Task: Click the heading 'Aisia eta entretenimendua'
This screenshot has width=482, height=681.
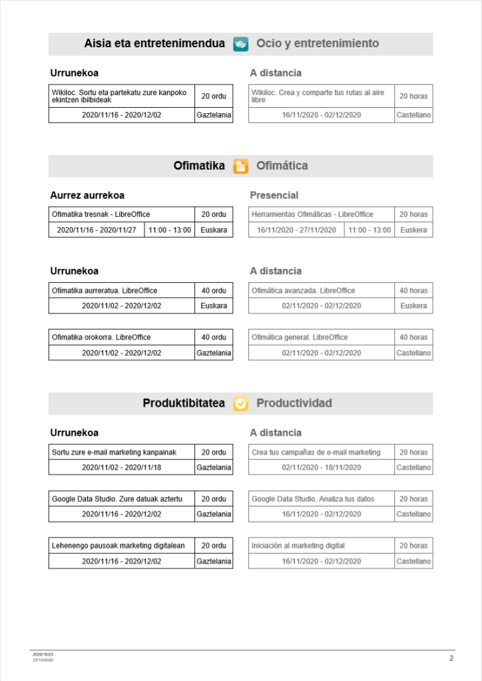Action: click(x=154, y=44)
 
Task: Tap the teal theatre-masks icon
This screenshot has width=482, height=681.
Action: click(x=240, y=44)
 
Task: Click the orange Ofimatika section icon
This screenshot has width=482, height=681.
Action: click(x=240, y=166)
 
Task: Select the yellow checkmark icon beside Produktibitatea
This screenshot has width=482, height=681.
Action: click(x=240, y=403)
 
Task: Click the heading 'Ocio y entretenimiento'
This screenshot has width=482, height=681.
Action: click(x=318, y=44)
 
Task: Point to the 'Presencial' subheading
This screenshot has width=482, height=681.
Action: click(x=274, y=195)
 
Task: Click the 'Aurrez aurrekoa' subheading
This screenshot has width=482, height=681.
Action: click(x=87, y=195)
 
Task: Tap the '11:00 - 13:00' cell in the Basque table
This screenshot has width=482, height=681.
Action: click(x=169, y=230)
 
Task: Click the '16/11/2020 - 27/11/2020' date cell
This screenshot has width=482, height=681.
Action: click(x=296, y=230)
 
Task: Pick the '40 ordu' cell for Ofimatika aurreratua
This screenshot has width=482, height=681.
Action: click(x=214, y=290)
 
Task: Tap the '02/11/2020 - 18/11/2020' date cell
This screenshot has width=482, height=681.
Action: click(x=321, y=467)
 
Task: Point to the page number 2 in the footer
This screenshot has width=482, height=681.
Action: click(x=451, y=658)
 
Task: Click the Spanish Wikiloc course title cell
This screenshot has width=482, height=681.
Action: click(x=321, y=97)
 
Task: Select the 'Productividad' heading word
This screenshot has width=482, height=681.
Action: click(x=294, y=403)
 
